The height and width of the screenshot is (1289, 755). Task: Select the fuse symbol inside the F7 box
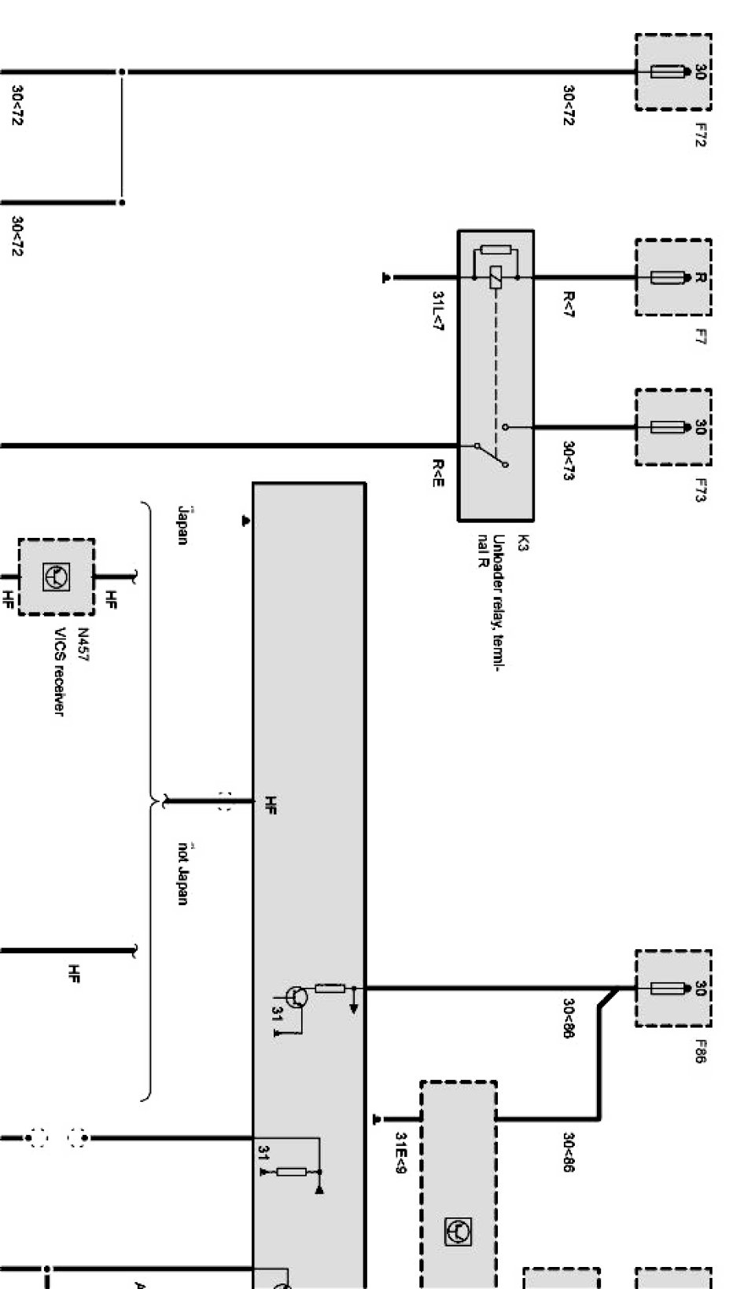tap(665, 278)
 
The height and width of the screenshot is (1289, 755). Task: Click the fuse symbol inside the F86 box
tap(665, 988)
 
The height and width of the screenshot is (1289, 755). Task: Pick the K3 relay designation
tap(523, 543)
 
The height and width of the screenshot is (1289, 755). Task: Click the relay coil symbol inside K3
tap(495, 278)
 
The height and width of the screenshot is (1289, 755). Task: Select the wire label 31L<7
tap(437, 311)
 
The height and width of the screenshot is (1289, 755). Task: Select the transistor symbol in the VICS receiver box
tap(56, 577)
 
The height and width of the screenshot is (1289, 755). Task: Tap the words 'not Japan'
tap(183, 873)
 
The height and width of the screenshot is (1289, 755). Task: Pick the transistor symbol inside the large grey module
tap(296, 997)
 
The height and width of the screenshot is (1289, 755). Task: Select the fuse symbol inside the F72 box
tap(665, 72)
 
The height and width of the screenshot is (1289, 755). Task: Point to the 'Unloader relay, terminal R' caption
tap(491, 602)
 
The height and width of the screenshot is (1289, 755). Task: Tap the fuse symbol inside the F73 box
tap(665, 427)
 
